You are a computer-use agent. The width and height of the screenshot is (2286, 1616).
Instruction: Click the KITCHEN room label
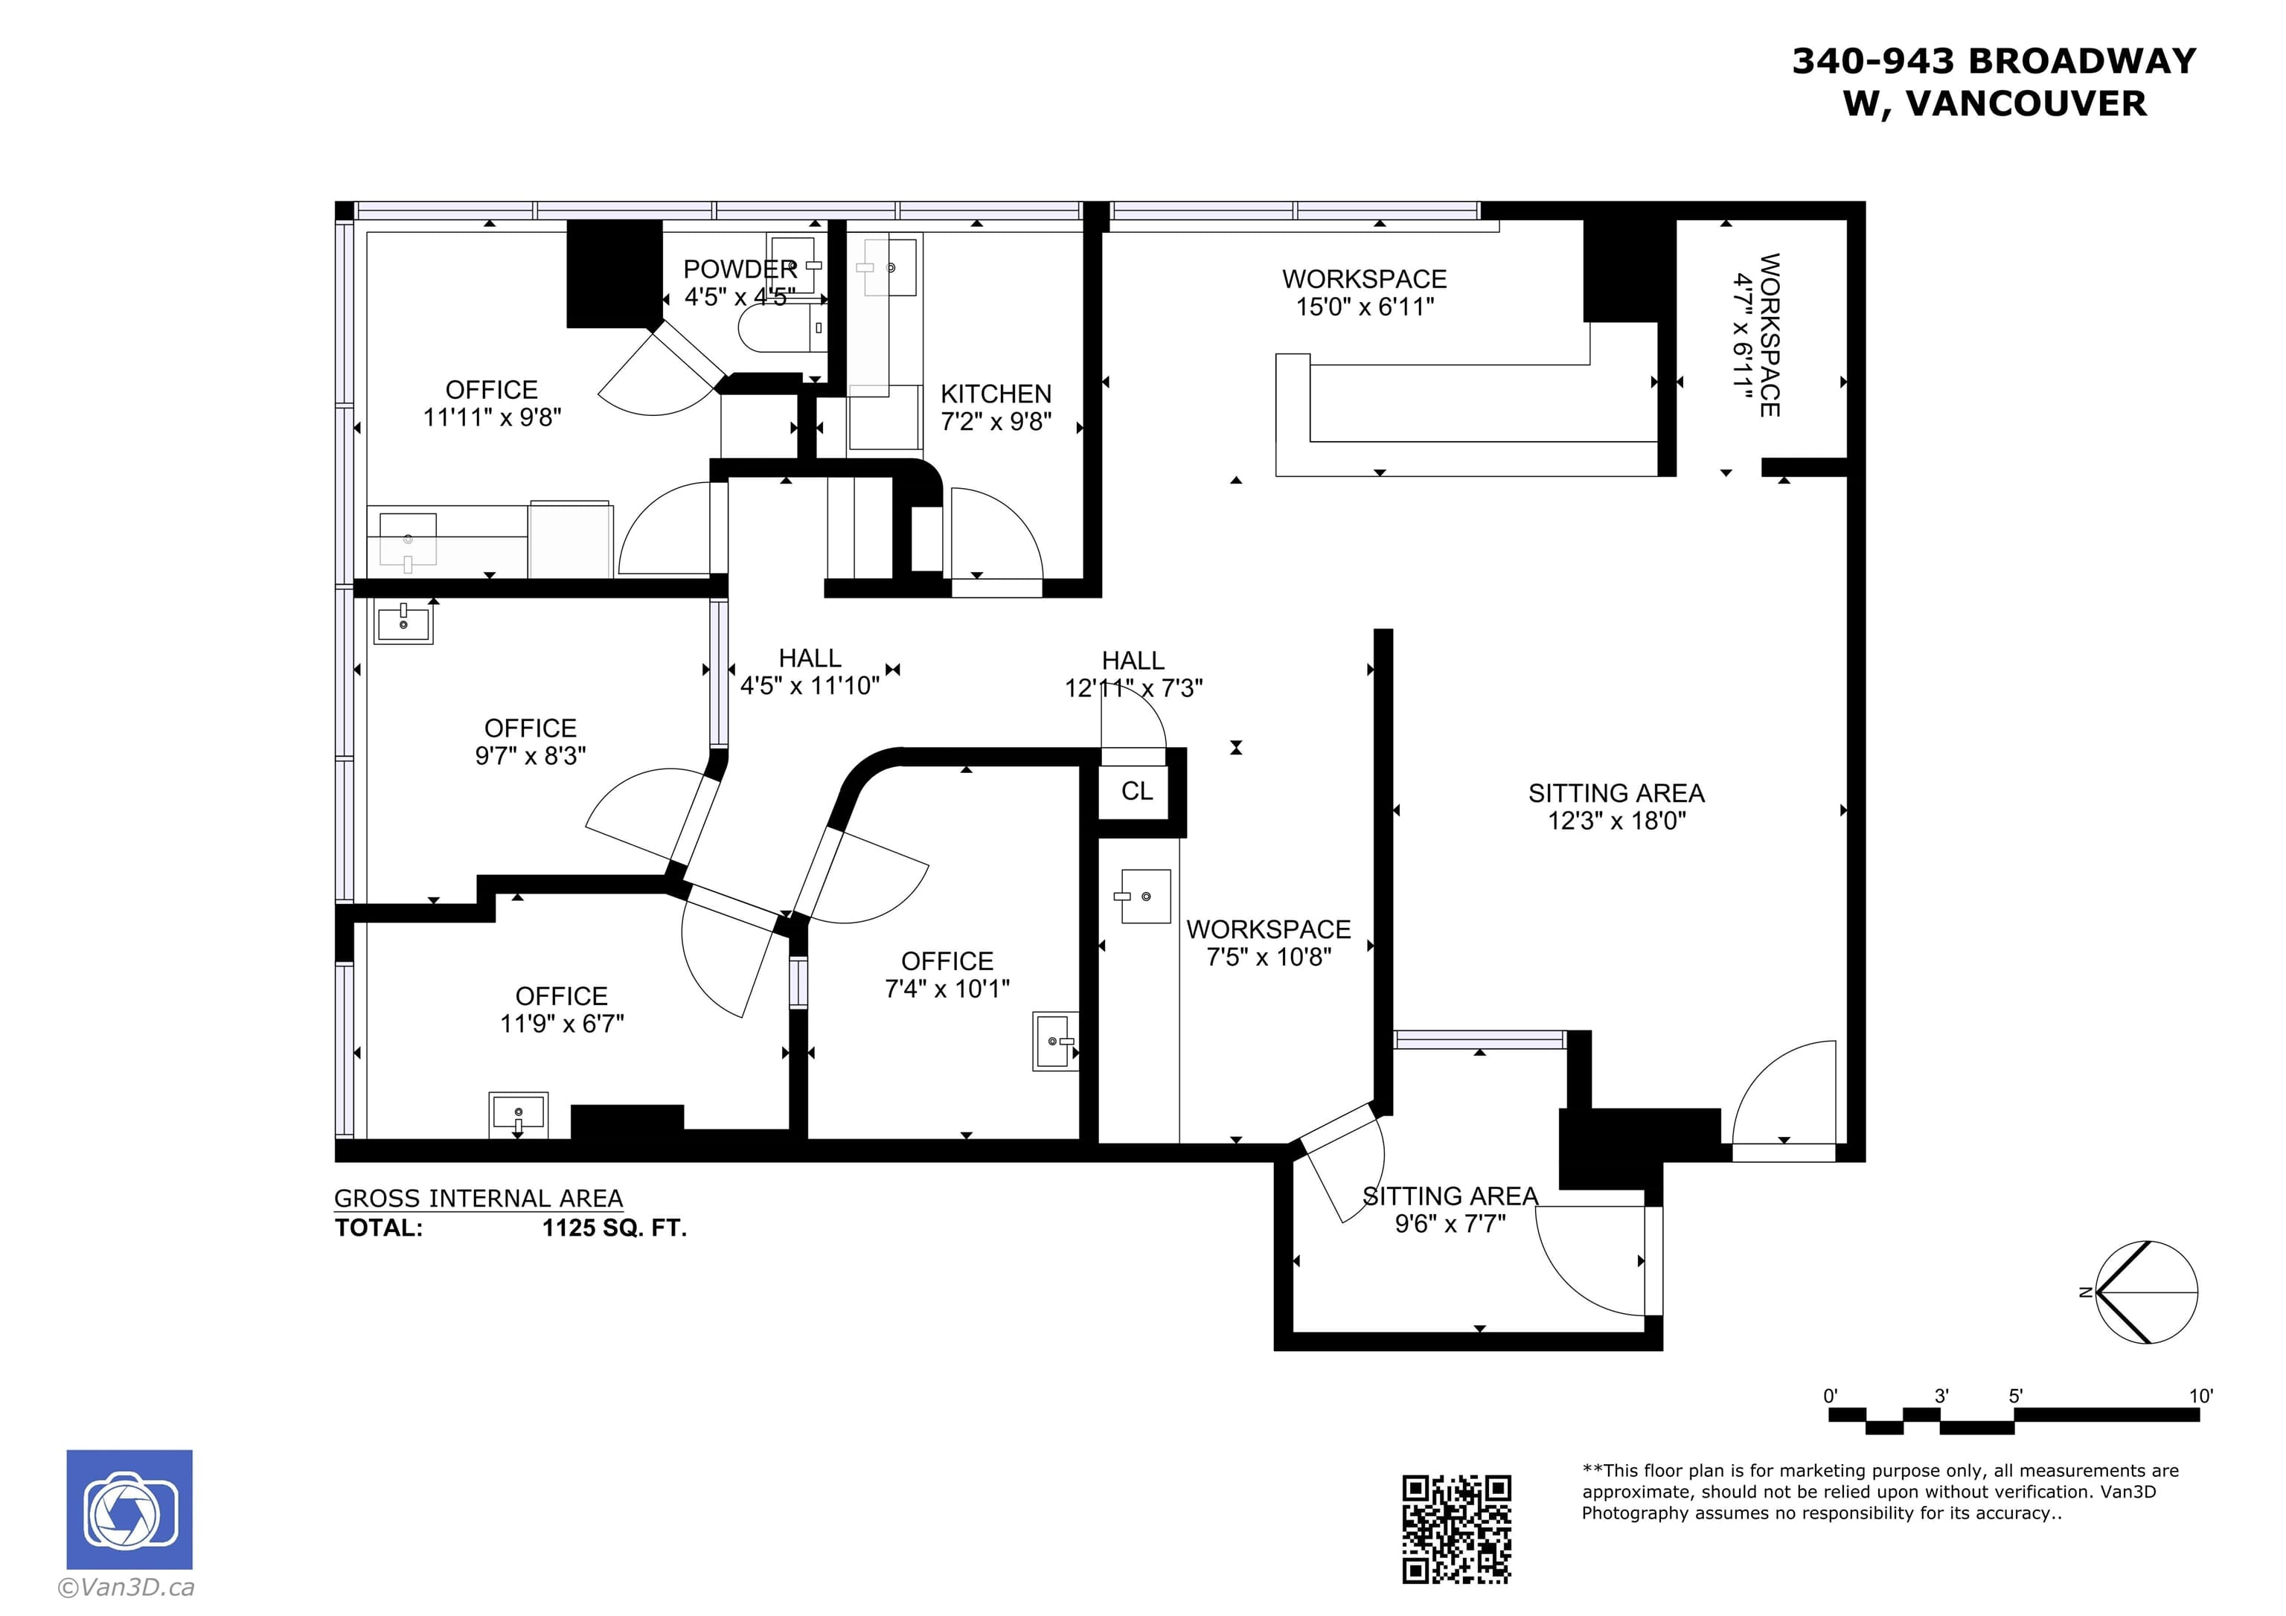pos(996,394)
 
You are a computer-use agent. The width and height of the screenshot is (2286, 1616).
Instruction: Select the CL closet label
pos(1137,791)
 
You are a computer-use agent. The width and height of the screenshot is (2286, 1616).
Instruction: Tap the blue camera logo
pos(129,1510)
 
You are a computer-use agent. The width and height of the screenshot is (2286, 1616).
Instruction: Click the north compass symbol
pos(2145,1292)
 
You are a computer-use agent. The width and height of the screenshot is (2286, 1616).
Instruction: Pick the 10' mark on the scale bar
pos(2200,1396)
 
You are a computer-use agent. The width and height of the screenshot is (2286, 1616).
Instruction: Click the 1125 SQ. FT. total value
pos(615,1228)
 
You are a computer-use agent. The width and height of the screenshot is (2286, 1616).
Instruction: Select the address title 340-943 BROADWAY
pos(1994,61)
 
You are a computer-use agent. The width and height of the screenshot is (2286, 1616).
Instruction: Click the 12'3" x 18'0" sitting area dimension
pos(1617,821)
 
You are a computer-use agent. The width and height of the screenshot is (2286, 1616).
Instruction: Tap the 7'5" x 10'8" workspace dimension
pos(1269,957)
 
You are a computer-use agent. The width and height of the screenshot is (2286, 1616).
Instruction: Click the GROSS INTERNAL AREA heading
pos(478,1199)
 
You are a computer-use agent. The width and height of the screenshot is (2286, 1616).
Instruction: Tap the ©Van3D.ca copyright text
pos(126,1587)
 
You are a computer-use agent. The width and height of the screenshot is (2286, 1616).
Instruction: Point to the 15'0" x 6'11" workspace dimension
pos(1364,307)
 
